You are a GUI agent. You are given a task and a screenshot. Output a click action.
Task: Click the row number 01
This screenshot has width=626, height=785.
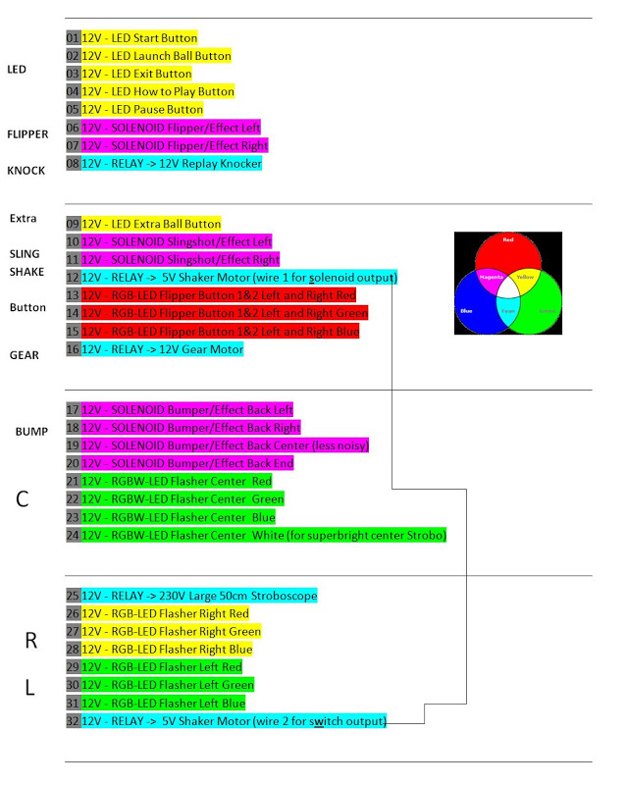point(72,38)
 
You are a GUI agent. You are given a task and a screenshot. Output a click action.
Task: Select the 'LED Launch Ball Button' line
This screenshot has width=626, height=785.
point(156,56)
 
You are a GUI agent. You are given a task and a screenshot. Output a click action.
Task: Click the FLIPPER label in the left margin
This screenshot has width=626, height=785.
point(27,134)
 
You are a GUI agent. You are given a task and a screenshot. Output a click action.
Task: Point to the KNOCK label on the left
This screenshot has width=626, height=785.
point(26,171)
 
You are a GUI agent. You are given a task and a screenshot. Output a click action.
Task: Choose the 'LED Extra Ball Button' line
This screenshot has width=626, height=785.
point(151,225)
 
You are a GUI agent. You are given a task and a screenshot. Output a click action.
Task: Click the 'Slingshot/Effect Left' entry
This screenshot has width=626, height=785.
point(177,242)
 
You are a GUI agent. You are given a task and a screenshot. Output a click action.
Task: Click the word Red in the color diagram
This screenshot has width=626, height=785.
point(507,240)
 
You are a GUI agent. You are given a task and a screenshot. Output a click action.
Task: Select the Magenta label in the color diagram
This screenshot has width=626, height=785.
point(491,278)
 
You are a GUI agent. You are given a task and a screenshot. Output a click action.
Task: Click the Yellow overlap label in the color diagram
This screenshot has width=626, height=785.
point(525,278)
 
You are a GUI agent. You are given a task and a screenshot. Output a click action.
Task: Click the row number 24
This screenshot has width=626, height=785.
point(72,536)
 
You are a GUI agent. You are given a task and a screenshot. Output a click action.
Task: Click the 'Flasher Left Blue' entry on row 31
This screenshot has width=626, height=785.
point(168,704)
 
